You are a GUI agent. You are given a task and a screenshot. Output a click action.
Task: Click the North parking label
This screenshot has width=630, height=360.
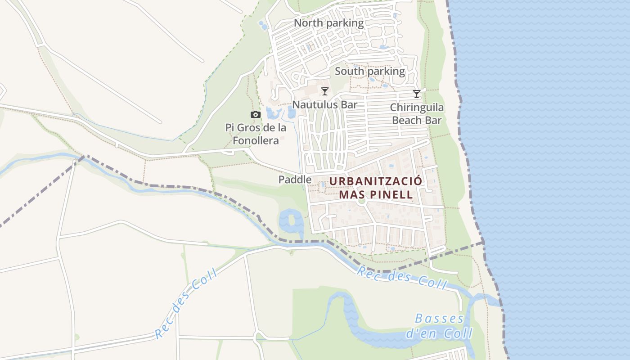(328, 23)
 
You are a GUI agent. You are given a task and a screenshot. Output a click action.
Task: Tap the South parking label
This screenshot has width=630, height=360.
(370, 71)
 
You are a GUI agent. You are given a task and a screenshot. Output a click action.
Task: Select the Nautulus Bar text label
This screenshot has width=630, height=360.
(324, 105)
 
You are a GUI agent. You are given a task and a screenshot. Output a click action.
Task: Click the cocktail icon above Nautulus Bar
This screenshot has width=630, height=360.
(324, 91)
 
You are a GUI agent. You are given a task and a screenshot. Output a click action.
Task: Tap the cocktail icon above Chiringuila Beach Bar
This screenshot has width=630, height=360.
(417, 94)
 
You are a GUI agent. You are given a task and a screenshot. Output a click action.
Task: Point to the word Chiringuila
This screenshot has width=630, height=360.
(417, 108)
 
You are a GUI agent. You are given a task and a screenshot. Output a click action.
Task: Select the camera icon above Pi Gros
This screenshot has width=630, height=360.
(256, 115)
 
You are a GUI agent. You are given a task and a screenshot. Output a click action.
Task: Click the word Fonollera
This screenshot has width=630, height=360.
(256, 141)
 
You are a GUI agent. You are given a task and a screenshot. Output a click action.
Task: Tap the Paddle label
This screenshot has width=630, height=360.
(295, 180)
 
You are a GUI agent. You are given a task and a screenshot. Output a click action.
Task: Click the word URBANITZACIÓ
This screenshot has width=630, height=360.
(376, 181)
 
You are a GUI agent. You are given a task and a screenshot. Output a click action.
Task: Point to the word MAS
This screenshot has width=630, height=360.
(349, 195)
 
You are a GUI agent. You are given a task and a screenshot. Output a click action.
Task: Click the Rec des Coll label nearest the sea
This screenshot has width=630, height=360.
(402, 278)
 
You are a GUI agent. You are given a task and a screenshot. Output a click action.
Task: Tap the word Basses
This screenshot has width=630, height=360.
(439, 319)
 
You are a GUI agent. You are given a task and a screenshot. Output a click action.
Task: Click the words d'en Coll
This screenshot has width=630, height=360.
(439, 334)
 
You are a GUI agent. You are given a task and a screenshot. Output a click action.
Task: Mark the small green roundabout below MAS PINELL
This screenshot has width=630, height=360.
(361, 201)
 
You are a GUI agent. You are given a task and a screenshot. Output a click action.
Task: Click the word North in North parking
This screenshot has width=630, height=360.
(308, 23)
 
